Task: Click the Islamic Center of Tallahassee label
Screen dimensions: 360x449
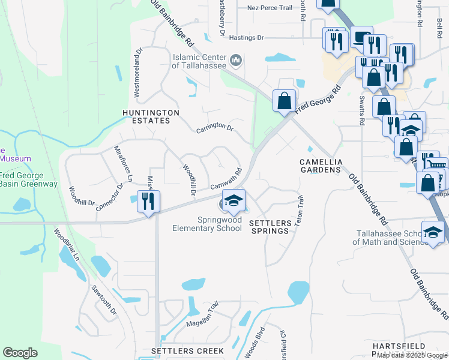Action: [x=199, y=61]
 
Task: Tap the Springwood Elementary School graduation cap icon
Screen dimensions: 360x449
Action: [x=234, y=200]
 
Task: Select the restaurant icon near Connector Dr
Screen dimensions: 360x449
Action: [x=148, y=200]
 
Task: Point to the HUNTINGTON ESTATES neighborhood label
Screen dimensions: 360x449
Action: [x=151, y=116]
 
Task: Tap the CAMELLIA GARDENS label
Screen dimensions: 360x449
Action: [x=321, y=166]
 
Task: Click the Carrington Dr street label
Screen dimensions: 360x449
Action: [x=214, y=127]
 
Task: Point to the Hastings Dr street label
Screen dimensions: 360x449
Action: [x=246, y=38]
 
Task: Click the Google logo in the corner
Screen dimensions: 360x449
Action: [x=20, y=353]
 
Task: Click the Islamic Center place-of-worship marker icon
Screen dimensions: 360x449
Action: [x=236, y=61]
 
